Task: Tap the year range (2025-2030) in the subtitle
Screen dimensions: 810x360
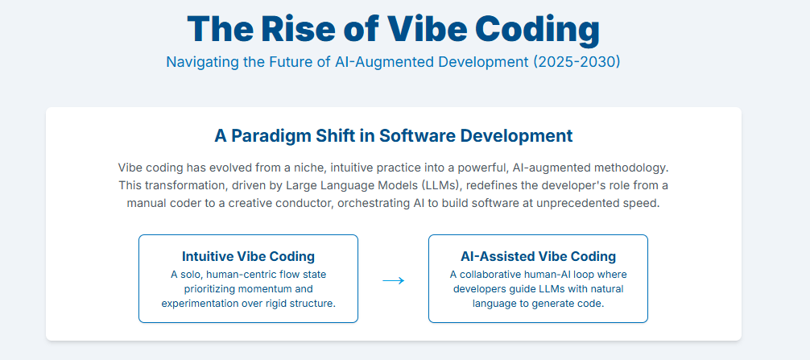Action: click(x=575, y=62)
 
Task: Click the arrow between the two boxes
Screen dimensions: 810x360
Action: click(x=393, y=280)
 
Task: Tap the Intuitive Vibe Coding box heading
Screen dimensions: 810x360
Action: click(x=249, y=256)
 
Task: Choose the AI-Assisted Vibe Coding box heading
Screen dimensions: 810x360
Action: click(x=539, y=256)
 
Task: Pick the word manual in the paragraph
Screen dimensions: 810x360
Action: click(x=143, y=203)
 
